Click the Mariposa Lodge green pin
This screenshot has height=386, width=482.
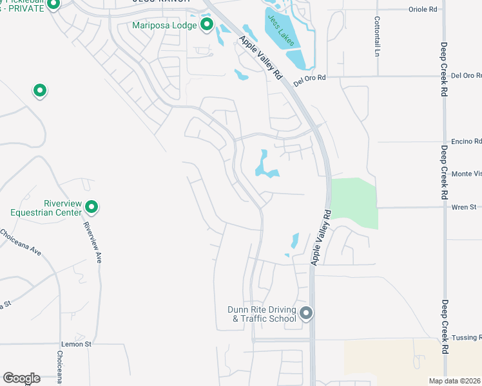(207, 25)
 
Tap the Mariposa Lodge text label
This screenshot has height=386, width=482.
(164, 26)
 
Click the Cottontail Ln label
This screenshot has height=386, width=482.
(377, 36)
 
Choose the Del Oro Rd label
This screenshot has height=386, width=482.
(310, 80)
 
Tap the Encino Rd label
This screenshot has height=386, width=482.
(468, 142)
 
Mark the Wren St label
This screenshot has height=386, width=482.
(464, 207)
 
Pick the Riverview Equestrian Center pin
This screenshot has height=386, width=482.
(92, 207)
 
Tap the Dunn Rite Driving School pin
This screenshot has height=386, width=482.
(306, 313)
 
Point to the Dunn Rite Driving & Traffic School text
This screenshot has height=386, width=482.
(262, 314)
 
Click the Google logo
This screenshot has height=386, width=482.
(21, 378)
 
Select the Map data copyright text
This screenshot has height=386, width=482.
(455, 381)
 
